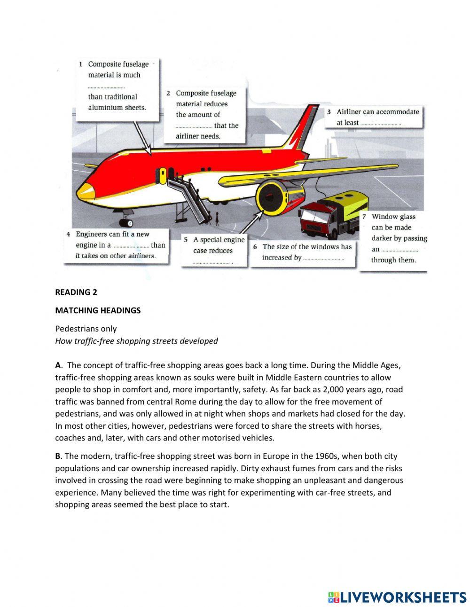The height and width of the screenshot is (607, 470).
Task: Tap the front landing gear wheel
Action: pos(127,223)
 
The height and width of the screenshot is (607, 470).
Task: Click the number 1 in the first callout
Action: pos(81,64)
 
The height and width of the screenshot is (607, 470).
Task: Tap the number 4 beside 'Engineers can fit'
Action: pos(69,234)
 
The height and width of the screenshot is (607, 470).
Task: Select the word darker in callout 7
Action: pos(383,238)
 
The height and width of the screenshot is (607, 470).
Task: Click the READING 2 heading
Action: pos(76,292)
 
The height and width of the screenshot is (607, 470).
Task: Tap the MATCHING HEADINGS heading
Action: pos(98,310)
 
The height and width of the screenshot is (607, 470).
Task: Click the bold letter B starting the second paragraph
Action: pos(58,456)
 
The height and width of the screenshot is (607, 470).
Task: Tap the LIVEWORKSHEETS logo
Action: pos(397,597)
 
